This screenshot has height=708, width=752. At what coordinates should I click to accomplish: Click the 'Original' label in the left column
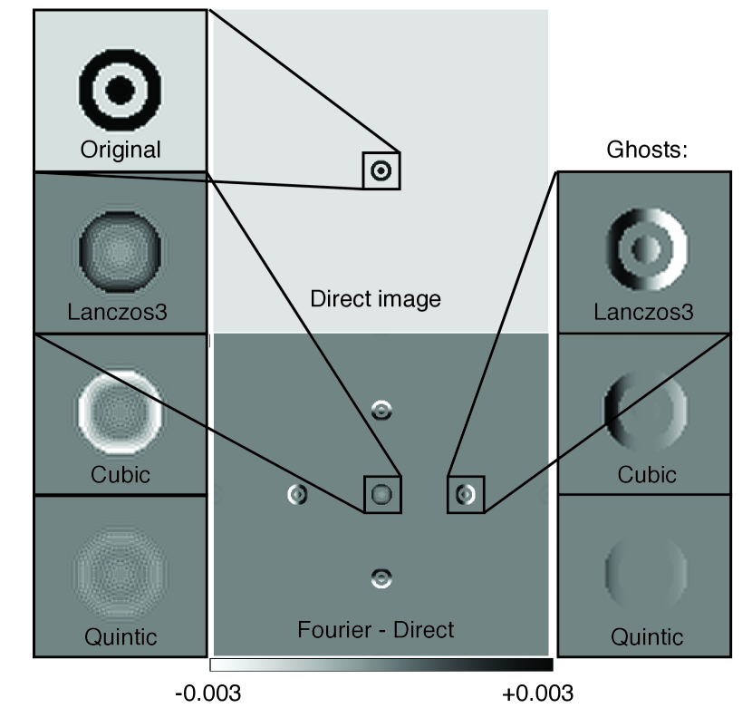[x=121, y=150]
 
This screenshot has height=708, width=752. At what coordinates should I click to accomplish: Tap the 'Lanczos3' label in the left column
[x=120, y=313]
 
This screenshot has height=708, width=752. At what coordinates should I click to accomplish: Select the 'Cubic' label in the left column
[x=120, y=474]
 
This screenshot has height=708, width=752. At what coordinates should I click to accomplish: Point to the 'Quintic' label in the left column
[x=120, y=636]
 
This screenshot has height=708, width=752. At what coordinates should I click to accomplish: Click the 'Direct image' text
[x=375, y=298]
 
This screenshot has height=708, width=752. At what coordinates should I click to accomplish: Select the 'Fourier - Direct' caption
[x=375, y=628]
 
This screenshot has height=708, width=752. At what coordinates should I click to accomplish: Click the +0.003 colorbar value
[x=538, y=693]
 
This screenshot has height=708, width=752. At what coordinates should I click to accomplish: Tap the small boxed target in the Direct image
[x=381, y=170]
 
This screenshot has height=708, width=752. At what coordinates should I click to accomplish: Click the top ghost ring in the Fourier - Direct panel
[x=382, y=411]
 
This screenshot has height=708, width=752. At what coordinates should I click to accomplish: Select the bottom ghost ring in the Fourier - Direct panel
[x=382, y=577]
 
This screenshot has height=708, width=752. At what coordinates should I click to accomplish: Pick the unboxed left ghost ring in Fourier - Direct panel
[x=298, y=494]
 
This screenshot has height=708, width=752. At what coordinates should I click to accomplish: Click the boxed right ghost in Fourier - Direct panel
[x=466, y=494]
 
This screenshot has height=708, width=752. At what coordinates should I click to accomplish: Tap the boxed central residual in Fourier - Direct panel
[x=382, y=494]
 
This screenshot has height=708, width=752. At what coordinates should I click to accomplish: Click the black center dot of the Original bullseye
[x=121, y=89]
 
